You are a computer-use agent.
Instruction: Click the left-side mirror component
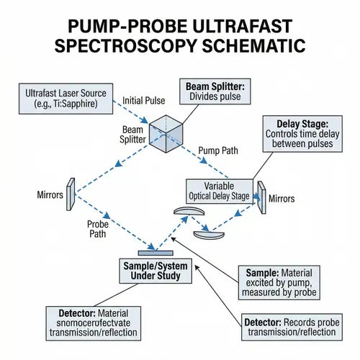coord(71,194)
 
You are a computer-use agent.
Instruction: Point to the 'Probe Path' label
coord(97,229)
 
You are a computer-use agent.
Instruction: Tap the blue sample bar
coord(153,252)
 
